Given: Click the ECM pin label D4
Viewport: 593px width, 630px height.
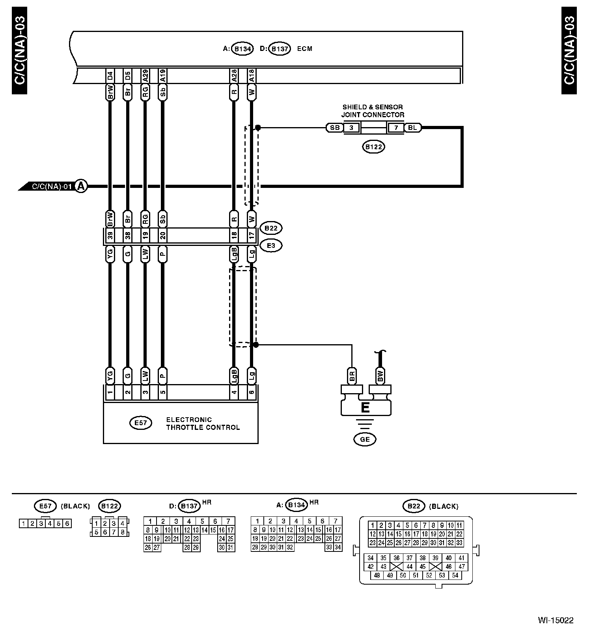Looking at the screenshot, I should [x=110, y=75].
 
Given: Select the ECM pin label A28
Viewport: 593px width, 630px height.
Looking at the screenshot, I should [x=234, y=75].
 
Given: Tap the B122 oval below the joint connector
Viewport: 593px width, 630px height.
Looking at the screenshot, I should [x=373, y=147].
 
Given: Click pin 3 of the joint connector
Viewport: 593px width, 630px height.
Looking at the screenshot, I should [x=352, y=128].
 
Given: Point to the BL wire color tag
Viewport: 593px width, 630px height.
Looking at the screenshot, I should [x=412, y=128].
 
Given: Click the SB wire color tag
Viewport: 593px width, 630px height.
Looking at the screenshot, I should [x=335, y=128].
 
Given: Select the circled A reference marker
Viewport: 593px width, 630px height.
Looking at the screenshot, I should [x=81, y=186].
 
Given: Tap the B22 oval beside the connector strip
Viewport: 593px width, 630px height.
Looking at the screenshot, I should [x=271, y=228].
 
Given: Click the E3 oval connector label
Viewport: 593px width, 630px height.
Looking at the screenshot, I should [x=271, y=246].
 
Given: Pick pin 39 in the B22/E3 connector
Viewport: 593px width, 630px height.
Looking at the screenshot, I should [x=110, y=236].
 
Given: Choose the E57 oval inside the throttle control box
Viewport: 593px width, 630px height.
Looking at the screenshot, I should [x=141, y=423].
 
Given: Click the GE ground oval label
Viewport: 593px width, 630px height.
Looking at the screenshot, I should [x=365, y=439].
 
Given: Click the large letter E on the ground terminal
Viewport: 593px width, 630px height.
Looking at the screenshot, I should [x=365, y=408].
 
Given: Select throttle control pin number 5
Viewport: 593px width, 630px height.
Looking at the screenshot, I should [x=163, y=392].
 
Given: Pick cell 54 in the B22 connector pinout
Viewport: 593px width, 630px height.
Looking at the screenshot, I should [x=455, y=575].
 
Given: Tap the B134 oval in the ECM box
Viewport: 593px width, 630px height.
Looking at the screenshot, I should [x=242, y=49].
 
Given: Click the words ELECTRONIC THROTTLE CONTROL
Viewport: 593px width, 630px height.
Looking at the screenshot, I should [x=203, y=424].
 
